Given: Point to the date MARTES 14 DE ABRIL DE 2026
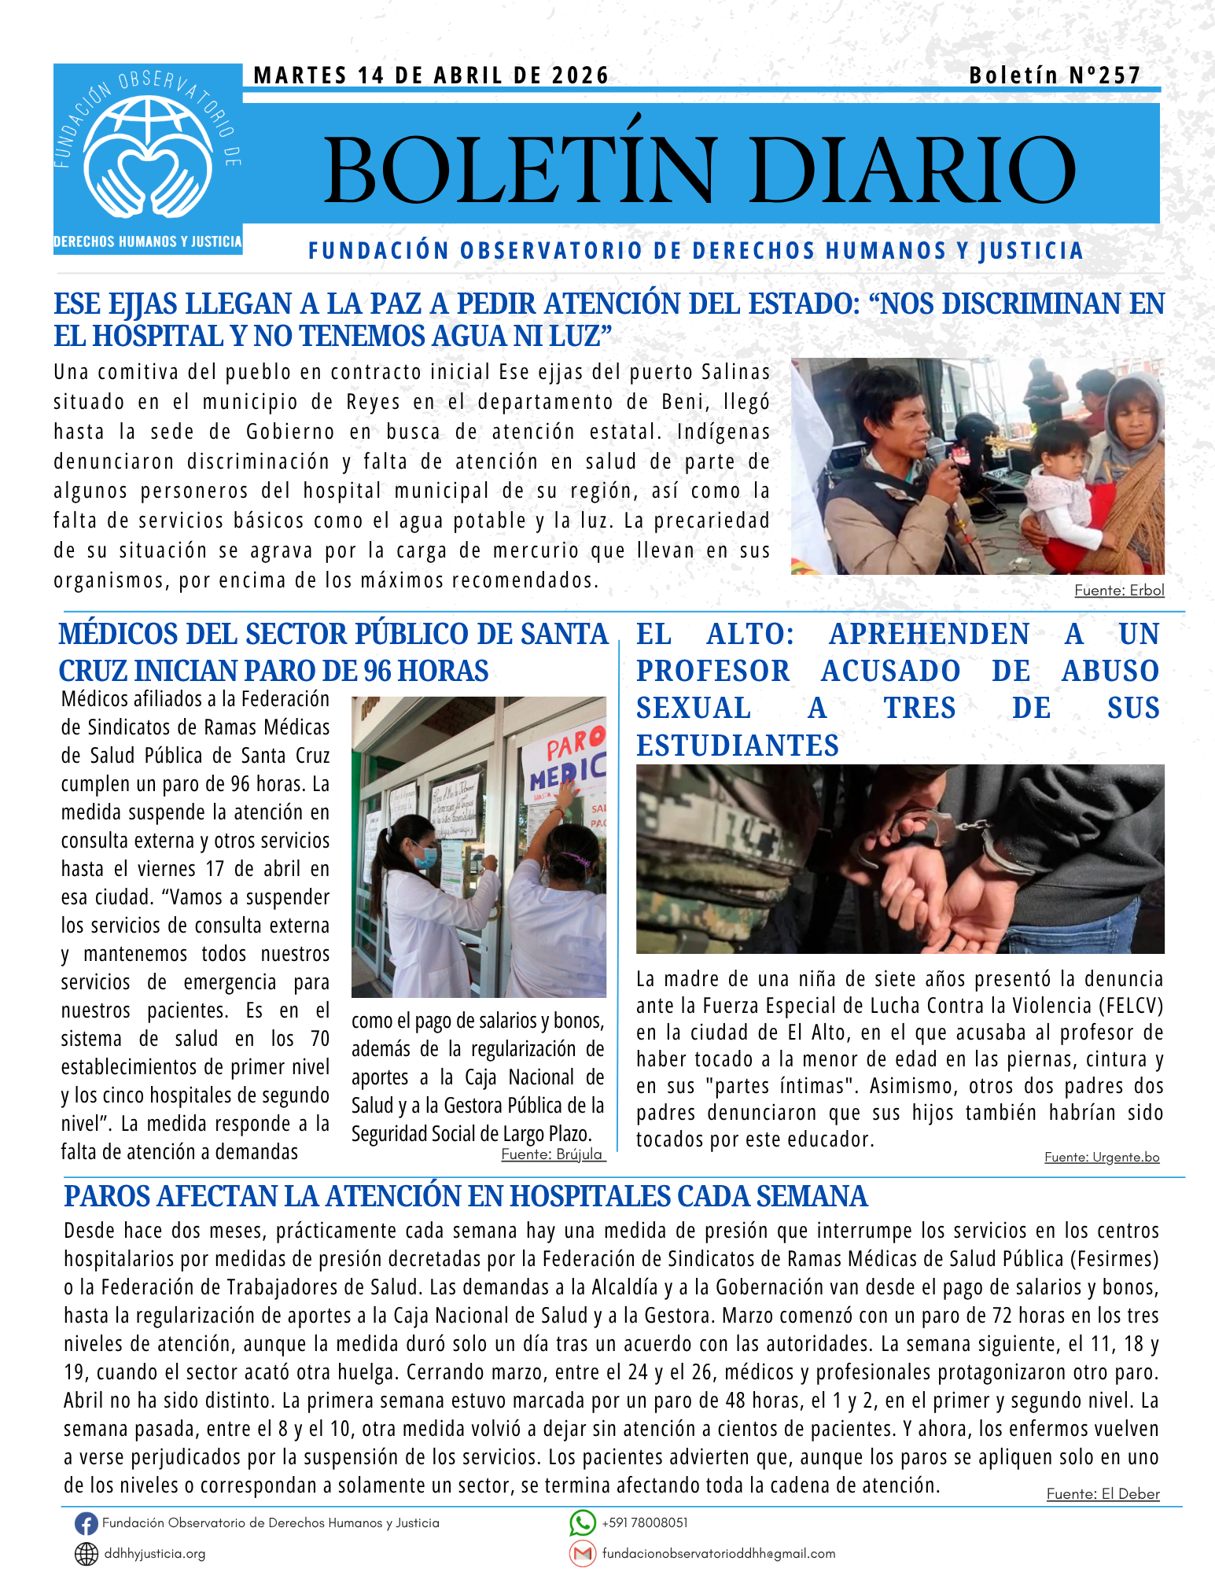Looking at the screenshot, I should [x=431, y=75].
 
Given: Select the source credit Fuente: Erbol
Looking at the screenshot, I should [x=1119, y=591].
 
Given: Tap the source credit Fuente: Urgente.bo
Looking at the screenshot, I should [x=1102, y=1157].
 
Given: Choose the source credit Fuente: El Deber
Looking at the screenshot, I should [x=1103, y=1494].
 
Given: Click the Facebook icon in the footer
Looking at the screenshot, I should [x=86, y=1524].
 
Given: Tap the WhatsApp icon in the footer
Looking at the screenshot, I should [x=582, y=1523].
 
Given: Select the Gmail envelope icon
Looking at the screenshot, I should [x=582, y=1554].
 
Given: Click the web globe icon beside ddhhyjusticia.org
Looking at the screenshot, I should [x=86, y=1554].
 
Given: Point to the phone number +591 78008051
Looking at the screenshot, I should [x=645, y=1523].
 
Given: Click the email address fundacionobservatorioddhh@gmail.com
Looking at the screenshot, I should [x=719, y=1554].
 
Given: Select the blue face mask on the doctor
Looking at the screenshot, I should [x=425, y=856].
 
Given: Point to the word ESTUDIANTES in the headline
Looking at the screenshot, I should [x=738, y=746].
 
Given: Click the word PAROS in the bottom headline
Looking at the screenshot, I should [x=107, y=1196].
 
